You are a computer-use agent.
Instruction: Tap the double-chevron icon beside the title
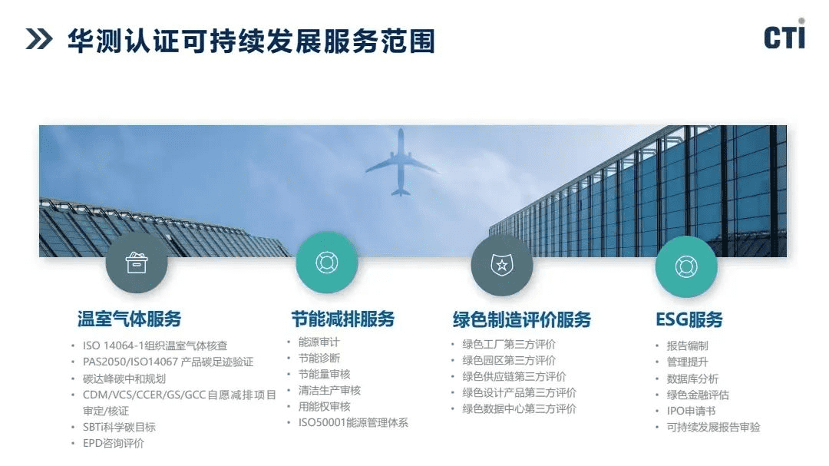39,40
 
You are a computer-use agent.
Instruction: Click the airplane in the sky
401,162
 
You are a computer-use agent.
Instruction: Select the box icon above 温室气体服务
137,263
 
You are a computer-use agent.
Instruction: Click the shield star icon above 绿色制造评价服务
502,265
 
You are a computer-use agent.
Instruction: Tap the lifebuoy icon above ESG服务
686,266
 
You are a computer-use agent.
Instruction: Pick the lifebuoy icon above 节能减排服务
327,263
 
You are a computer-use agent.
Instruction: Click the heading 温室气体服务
129,319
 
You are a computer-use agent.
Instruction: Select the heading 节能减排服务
343,319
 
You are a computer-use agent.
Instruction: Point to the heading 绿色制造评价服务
522,319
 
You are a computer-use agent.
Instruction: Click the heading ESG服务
689,319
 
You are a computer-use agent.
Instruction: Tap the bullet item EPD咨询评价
113,443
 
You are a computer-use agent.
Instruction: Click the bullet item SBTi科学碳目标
119,427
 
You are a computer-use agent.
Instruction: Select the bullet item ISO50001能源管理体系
353,423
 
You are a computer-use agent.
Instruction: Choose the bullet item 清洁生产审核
329,390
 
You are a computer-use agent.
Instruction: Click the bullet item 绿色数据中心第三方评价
519,409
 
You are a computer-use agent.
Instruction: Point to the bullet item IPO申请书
691,411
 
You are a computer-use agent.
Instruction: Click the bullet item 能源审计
319,342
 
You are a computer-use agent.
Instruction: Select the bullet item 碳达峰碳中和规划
124,378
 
